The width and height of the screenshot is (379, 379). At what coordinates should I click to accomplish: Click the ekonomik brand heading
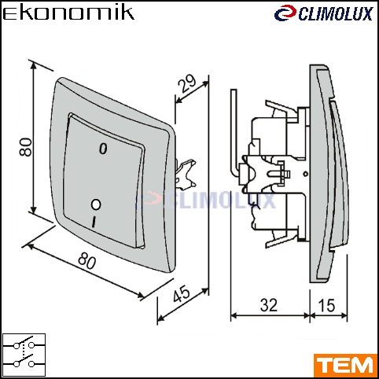coord(68,13)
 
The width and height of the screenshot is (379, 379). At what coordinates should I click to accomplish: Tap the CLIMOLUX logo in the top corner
coord(323,13)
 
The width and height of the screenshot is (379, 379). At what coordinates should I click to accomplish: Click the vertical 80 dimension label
coord(26,147)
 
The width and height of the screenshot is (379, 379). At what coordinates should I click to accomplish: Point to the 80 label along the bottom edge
coord(87,260)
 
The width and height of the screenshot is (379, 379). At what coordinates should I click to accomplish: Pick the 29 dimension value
coord(186,83)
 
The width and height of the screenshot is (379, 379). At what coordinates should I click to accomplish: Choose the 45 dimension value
coord(182,293)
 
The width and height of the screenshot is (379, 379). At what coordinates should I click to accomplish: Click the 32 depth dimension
coord(269,305)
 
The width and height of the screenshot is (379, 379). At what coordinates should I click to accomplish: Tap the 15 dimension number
coord(326,305)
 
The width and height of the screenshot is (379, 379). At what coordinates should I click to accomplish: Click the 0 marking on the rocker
coord(103,149)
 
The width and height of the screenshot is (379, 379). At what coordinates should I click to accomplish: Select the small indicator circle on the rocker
coord(96,204)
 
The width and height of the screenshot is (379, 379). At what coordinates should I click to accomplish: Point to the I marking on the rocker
coord(94,222)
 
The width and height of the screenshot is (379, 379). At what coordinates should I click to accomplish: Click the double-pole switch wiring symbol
coord(24,355)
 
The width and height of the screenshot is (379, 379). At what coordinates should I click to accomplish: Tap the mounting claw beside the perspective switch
coord(186,175)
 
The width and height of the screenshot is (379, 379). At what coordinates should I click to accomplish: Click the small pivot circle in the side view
coord(305,174)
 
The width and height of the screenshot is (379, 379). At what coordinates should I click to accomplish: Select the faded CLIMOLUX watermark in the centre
coord(206,201)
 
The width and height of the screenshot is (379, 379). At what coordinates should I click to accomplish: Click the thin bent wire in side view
coord(234,131)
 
